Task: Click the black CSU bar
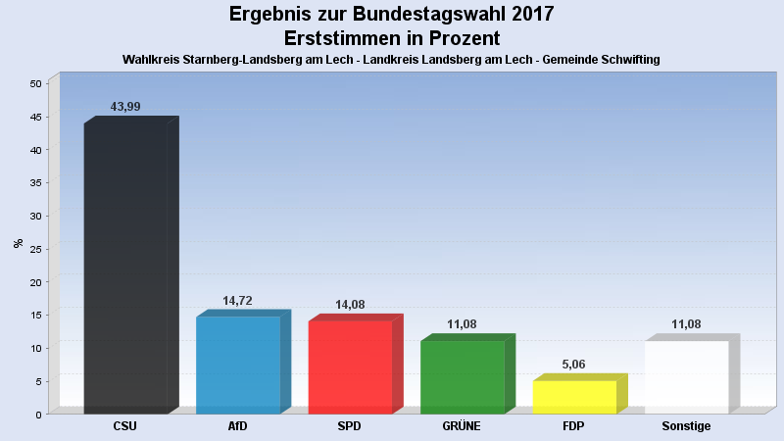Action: (x=125, y=267)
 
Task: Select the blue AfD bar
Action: (x=238, y=364)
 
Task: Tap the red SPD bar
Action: (x=350, y=367)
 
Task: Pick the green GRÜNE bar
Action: (x=462, y=376)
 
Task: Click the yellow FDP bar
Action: (x=574, y=396)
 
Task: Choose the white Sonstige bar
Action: (x=686, y=376)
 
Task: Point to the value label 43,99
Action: (x=126, y=106)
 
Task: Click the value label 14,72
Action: (x=237, y=301)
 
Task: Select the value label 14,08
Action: (x=350, y=305)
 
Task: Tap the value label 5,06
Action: (x=574, y=365)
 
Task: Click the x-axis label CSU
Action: (x=125, y=426)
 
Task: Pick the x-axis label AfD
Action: (x=237, y=426)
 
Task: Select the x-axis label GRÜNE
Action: (x=462, y=426)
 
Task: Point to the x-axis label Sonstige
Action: (x=686, y=426)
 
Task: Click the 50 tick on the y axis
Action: (x=35, y=84)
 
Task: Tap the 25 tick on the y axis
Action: (x=35, y=249)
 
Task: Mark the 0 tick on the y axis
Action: (x=38, y=415)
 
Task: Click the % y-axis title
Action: (x=18, y=243)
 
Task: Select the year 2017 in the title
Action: (x=529, y=15)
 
